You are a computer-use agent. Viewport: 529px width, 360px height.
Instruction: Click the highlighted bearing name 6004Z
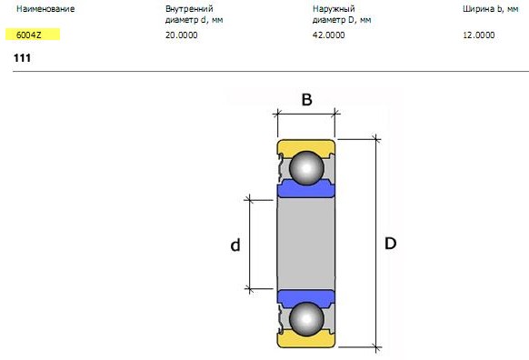coord(29,35)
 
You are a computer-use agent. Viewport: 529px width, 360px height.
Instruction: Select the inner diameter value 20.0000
coord(181,35)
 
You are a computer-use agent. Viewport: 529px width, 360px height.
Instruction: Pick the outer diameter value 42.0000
coord(329,35)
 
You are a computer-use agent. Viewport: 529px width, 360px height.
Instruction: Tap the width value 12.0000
coord(478,35)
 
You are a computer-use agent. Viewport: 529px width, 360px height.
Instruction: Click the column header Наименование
coord(45,9)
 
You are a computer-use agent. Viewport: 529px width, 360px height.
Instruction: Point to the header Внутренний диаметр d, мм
coord(194,15)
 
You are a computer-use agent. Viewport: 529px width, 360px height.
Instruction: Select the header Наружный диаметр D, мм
coord(342,15)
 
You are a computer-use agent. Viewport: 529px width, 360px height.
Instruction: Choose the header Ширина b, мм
coord(491,9)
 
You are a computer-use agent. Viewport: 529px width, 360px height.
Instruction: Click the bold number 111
coord(22,58)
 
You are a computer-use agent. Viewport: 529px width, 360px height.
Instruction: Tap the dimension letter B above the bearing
coord(306,100)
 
